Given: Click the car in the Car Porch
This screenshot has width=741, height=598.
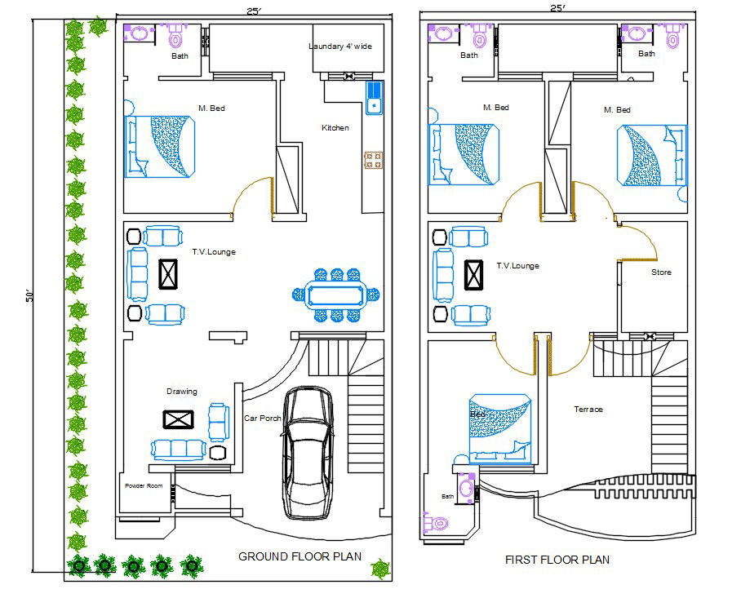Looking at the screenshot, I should point(307,453).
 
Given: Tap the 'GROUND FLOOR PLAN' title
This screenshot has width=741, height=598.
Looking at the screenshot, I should point(300,556).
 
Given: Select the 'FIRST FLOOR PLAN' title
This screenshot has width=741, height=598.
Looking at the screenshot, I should point(557,560).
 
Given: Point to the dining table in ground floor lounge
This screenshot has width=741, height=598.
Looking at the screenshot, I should point(336,293).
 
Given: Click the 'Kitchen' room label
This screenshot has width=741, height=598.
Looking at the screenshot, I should point(335,128).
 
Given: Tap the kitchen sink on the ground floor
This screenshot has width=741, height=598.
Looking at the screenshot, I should point(374,98).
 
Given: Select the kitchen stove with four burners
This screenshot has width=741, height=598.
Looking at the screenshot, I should point(373,160).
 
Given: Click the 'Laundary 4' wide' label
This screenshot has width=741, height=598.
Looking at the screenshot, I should point(340,47).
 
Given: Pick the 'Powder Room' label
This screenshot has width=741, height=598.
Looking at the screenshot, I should point(144,486).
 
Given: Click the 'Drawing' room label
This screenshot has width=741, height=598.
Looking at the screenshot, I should point(181,392).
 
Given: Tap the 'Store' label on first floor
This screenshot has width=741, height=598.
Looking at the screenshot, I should point(661,272).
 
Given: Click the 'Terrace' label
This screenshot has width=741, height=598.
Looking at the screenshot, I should point(588,410).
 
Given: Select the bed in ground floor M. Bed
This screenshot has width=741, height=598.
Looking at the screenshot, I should point(161,147).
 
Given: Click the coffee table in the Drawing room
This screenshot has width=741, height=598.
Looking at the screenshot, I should point(179,419).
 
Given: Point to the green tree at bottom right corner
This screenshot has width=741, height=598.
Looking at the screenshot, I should point(379,568).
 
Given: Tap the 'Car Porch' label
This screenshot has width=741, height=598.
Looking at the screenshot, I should point(262,419).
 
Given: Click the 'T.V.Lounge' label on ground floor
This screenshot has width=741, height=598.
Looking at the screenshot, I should point(214,252).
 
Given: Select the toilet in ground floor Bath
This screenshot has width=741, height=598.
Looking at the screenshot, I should point(175,38).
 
